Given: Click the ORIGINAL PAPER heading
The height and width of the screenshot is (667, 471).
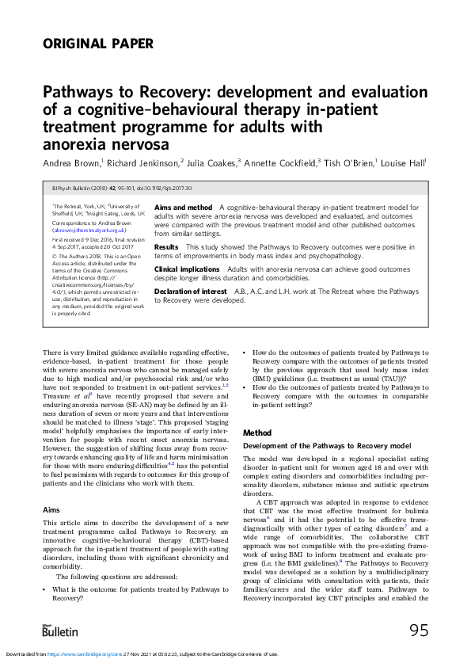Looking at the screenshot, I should point(98,44).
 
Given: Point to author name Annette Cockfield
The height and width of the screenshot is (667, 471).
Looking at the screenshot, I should point(280,162).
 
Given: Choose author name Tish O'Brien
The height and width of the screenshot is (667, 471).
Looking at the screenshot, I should point(350,162).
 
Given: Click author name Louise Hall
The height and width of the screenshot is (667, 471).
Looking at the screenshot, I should point(402,162).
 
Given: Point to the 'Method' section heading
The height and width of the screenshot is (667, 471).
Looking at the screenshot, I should point(256,433).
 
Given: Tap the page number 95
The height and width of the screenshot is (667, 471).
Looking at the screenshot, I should point(419,631).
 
